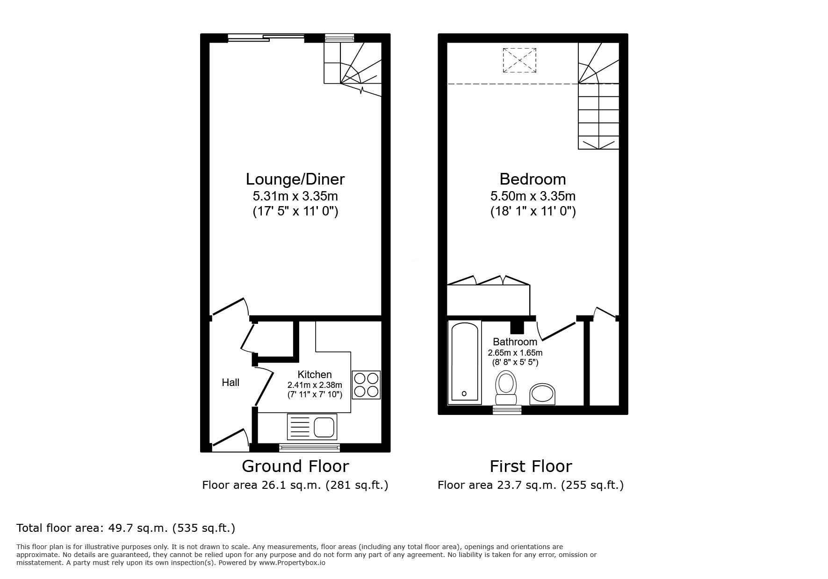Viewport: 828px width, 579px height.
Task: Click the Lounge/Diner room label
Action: coord(295,179)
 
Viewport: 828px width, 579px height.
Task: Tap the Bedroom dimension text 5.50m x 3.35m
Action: coord(533,196)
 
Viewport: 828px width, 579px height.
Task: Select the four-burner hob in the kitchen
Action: coord(366,385)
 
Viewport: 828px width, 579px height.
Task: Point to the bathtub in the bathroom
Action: coord(464,362)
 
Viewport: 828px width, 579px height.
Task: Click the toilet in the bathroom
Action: coord(505,388)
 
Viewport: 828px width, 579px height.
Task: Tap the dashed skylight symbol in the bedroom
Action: coord(519,60)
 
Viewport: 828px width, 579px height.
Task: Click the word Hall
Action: coord(230,383)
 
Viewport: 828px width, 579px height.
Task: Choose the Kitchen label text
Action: coord(315,374)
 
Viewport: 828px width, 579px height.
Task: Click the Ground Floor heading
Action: coord(295,466)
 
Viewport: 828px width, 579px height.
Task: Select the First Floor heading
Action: coord(531,466)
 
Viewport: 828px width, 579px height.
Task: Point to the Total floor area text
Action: coord(126,528)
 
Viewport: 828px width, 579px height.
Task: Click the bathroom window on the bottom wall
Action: coord(507,410)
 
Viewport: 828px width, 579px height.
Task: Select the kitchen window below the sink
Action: coord(309,448)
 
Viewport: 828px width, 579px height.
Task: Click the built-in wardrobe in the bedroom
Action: coord(488,299)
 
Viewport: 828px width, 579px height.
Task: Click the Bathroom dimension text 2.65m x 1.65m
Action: coord(515,353)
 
